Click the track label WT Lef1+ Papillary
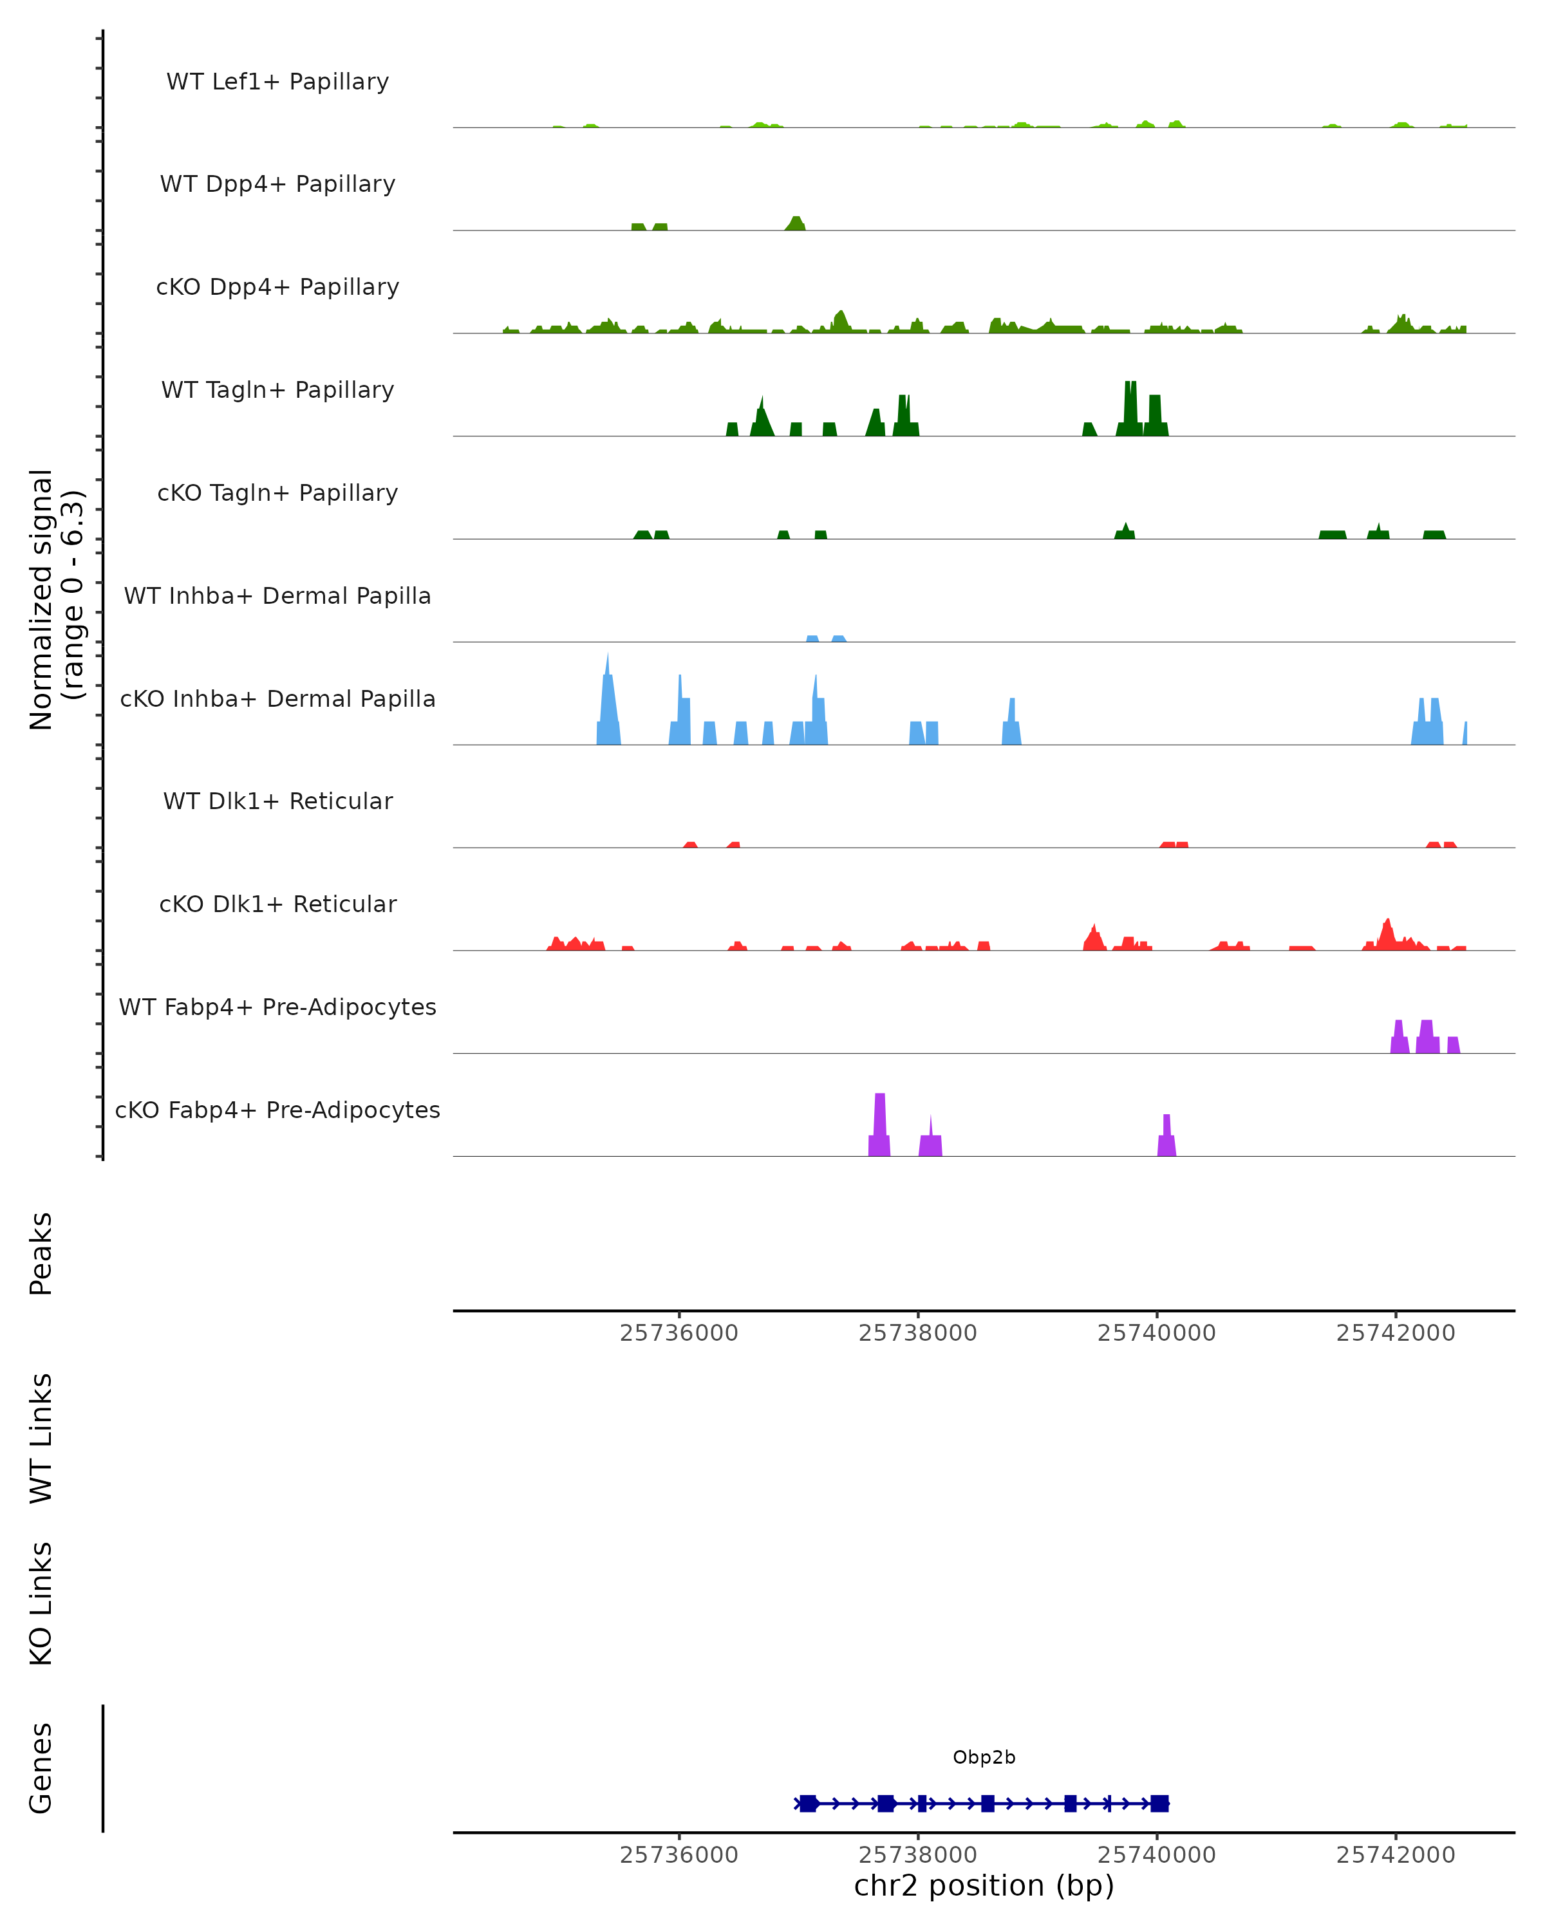pos(277,82)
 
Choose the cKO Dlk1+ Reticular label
pos(277,904)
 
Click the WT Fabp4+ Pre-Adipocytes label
pos(277,1007)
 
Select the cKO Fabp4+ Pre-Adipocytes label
pos(277,1110)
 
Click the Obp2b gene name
pos(984,1757)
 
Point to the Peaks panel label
pos(41,1254)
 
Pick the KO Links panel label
pos(41,1603)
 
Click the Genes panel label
pos(41,1769)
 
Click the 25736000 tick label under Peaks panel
pos(679,1333)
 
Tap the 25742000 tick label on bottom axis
pos(1396,1855)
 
